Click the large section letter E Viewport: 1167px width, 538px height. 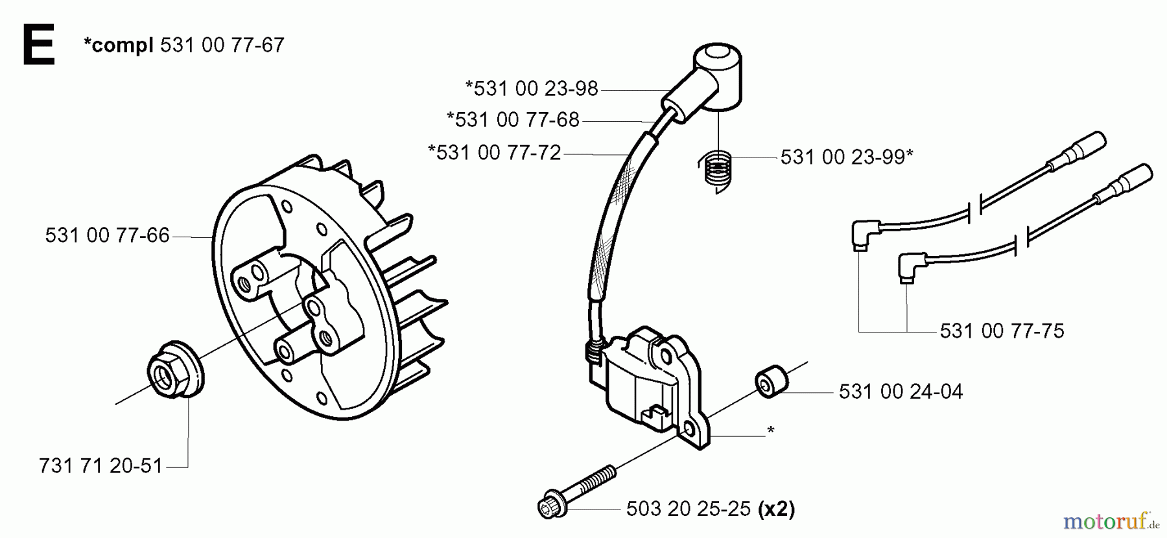38,45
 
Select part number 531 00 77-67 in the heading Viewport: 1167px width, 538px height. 222,45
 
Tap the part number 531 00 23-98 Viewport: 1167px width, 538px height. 532,88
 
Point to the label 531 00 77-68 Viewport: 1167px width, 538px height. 513,119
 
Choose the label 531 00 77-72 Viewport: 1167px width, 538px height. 495,153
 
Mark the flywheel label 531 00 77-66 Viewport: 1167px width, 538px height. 107,235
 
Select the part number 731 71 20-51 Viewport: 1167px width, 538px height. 100,466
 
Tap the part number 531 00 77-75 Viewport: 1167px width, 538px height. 1002,331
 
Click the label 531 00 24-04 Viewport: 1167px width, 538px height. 901,392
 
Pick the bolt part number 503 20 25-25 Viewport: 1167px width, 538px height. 689,509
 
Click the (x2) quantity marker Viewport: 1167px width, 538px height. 776,509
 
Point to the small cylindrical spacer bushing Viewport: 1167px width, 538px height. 772,380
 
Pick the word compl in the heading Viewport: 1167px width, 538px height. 119,45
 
